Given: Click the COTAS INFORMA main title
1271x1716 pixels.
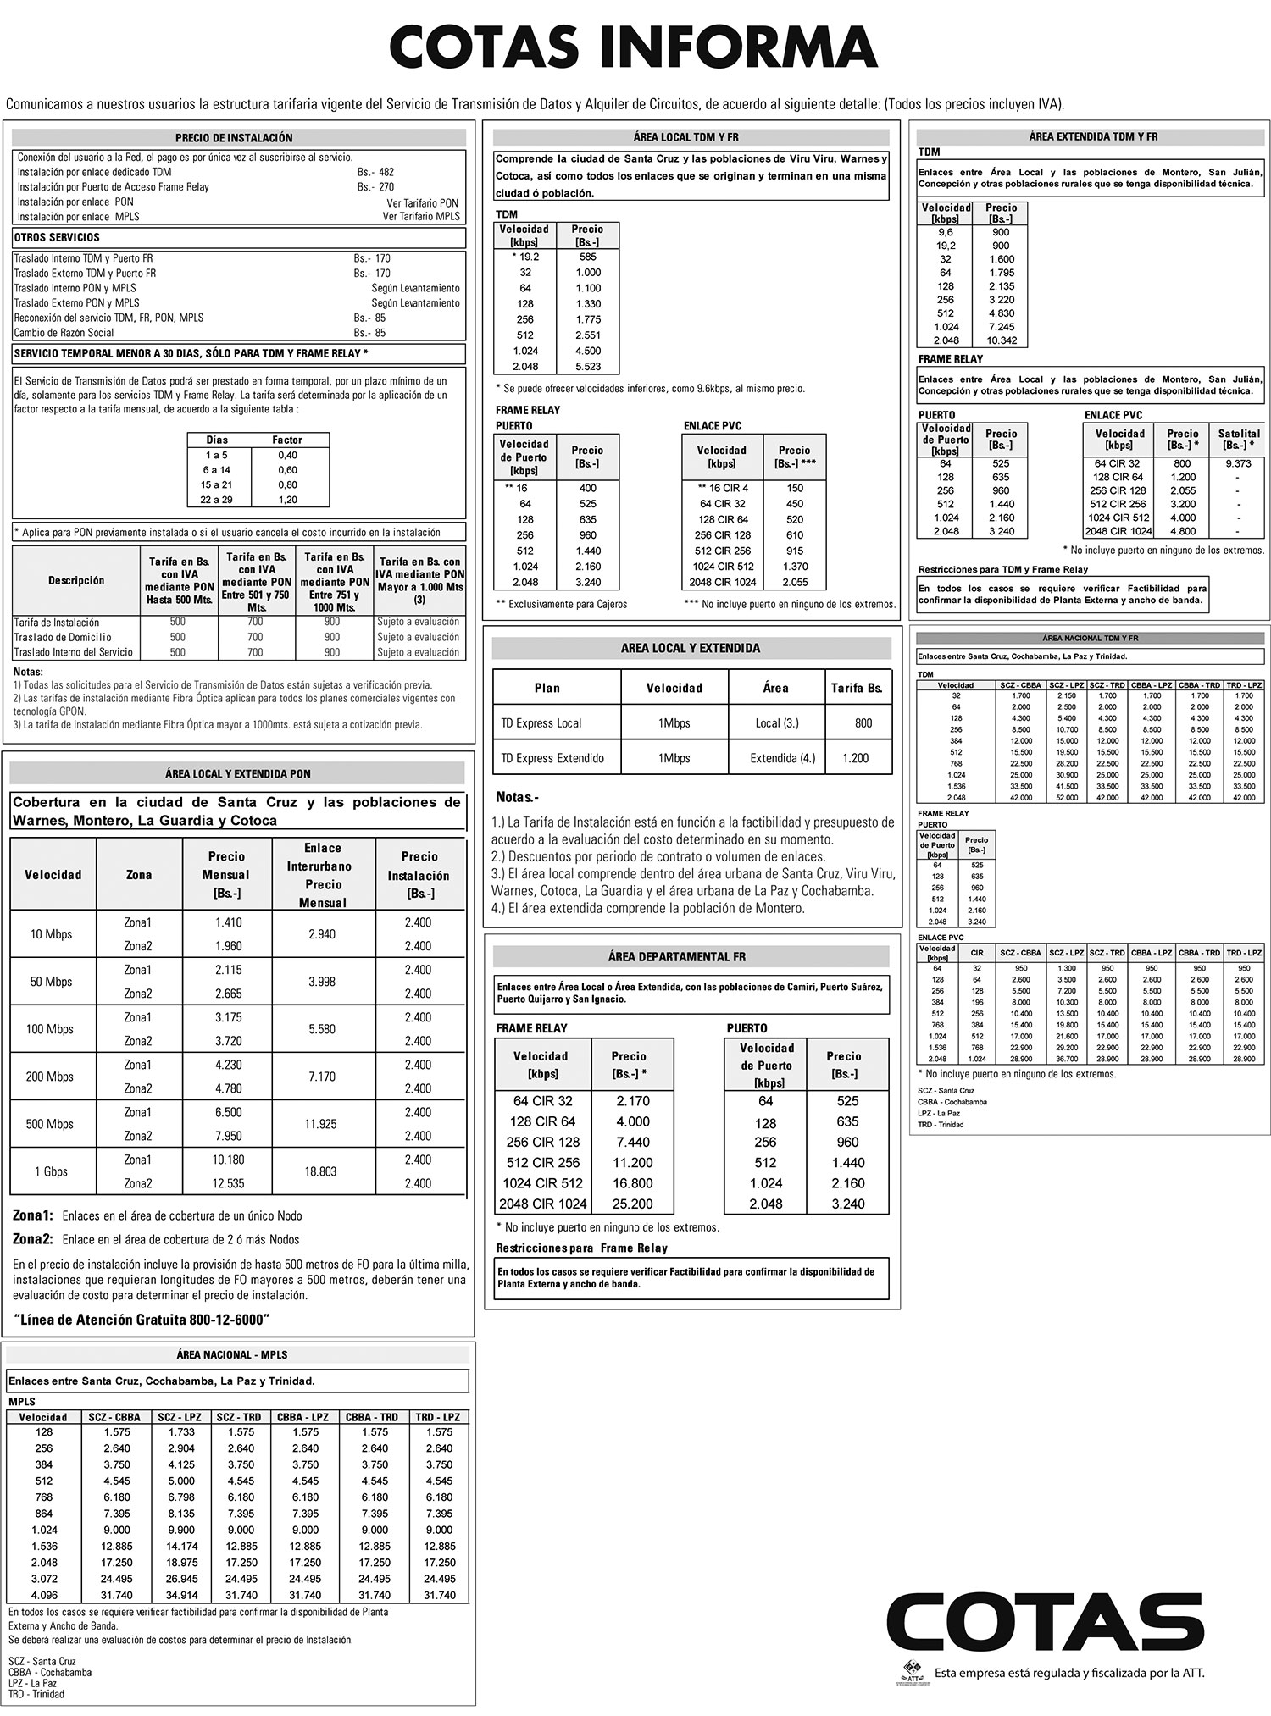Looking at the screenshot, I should pyautogui.click(x=634, y=47).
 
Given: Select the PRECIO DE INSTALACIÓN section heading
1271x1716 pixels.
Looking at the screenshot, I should pyautogui.click(x=234, y=138).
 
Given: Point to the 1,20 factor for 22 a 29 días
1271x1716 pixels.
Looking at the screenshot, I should pyautogui.click(x=287, y=500).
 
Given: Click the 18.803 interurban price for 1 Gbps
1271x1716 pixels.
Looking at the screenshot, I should pyautogui.click(x=320, y=1171).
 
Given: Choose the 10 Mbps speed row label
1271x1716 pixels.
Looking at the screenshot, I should pyautogui.click(x=52, y=934).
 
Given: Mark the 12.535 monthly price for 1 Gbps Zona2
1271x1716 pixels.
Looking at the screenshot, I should pyautogui.click(x=228, y=1183).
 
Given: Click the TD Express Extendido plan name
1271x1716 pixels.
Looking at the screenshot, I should pyautogui.click(x=552, y=758).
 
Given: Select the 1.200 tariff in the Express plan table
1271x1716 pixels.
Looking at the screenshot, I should pyautogui.click(x=855, y=758).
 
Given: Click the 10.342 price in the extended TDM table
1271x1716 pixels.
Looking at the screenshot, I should pyautogui.click(x=1001, y=340).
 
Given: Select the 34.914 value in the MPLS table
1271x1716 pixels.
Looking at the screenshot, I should pyautogui.click(x=181, y=1595).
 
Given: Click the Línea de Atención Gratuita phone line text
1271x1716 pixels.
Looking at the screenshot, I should pyautogui.click(x=142, y=1319).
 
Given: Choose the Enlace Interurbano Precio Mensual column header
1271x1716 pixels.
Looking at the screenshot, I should pyautogui.click(x=323, y=875).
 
